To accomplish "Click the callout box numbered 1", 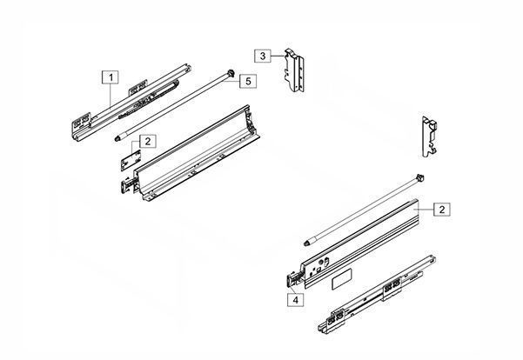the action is (111, 77).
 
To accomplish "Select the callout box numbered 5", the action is (248, 81).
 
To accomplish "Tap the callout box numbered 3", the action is (263, 56).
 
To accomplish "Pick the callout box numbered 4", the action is (296, 300).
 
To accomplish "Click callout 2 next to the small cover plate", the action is (147, 141).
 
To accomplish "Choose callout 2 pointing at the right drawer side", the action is (441, 210).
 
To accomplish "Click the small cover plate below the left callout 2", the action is (131, 160).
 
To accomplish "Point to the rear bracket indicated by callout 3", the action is (294, 70).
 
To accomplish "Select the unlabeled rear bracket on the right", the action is (430, 137).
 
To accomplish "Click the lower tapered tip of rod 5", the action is (117, 138).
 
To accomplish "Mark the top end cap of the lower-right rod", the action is (419, 177).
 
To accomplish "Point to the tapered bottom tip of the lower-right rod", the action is (307, 243).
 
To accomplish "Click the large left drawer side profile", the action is (197, 153).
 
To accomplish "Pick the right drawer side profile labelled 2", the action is (360, 243).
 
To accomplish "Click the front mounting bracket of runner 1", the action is (82, 127).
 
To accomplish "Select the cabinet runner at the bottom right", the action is (377, 293).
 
